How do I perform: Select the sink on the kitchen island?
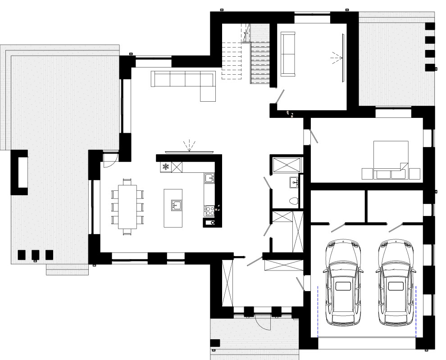176,206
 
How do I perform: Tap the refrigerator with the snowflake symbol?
166,167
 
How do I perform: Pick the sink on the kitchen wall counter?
209,179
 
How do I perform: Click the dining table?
127,207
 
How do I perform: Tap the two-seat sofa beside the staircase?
287,54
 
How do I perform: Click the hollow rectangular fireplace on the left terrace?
19,172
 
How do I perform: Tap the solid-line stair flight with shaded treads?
260,61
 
